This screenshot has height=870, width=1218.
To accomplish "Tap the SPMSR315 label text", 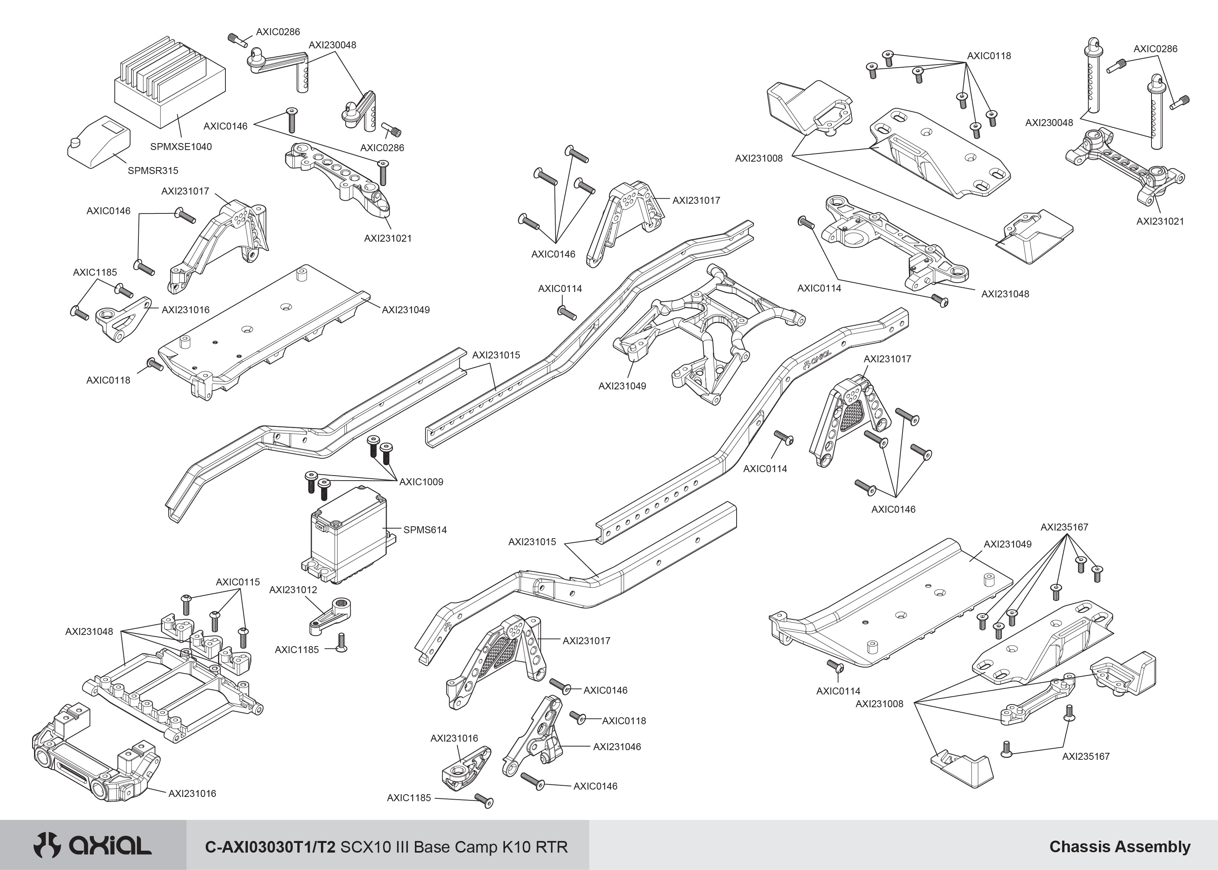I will pyautogui.click(x=153, y=171).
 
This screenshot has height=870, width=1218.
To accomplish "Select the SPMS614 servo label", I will pyautogui.click(x=425, y=530).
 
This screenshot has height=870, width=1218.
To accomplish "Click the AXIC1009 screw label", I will pyautogui.click(x=421, y=482).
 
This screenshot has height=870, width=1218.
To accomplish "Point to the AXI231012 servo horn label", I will pyautogui.click(x=293, y=590).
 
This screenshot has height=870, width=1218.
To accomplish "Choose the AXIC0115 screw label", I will pyautogui.click(x=237, y=582).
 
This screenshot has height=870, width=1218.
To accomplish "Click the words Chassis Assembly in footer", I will pyautogui.click(x=1119, y=847).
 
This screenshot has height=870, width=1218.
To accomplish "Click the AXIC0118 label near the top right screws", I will pyautogui.click(x=989, y=56).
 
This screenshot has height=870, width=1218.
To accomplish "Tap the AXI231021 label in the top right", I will pyautogui.click(x=1160, y=221).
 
